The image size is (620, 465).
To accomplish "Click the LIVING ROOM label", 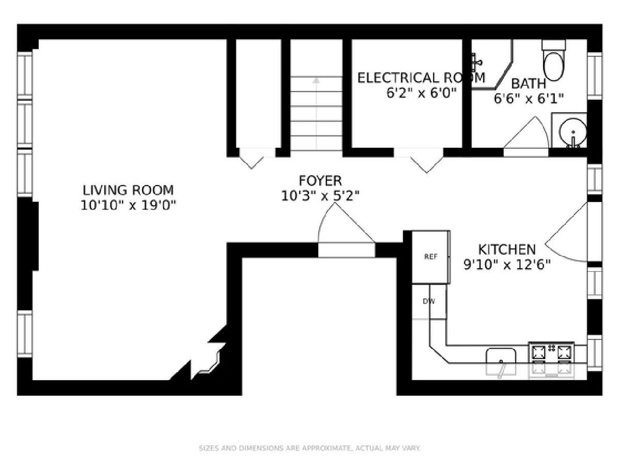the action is [128, 190].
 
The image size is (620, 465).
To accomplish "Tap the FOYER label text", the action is [320, 181].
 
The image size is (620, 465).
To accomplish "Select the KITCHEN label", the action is [507, 250].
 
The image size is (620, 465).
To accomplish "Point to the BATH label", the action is [529, 84].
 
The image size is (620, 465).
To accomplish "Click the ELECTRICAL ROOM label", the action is [421, 78].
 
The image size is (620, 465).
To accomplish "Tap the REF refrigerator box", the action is [431, 257].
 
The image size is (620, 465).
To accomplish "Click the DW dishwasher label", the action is [429, 301].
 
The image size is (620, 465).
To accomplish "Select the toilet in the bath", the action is [554, 60].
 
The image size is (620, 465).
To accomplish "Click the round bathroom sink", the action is [573, 131].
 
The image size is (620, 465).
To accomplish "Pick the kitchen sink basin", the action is [501, 362].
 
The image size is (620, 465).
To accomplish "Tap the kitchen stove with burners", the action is [551, 360].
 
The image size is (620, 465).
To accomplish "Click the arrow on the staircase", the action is [316, 114].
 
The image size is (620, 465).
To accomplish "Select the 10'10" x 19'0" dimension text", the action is [128, 205].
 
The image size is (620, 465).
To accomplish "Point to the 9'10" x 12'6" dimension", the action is [507, 265].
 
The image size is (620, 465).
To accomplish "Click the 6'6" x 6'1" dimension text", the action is [529, 99].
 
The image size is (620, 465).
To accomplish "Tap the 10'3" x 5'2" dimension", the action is [320, 196].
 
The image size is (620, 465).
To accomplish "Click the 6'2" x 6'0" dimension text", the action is [422, 92].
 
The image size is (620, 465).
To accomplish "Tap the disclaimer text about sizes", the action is [309, 448].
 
